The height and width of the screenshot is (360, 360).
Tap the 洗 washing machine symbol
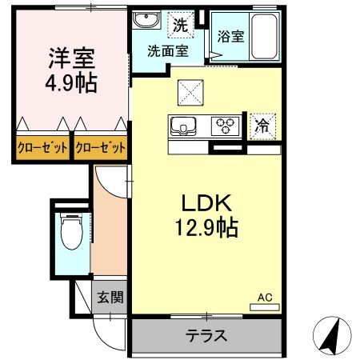(x=182, y=24)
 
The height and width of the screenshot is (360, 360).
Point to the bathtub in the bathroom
(x=262, y=35)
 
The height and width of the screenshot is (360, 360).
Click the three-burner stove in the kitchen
(x=226, y=125)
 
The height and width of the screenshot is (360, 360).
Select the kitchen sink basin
(x=182, y=125)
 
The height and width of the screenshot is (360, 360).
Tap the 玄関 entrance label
(x=110, y=298)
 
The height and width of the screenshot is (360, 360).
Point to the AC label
(x=265, y=298)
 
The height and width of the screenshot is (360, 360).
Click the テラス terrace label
(x=206, y=335)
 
